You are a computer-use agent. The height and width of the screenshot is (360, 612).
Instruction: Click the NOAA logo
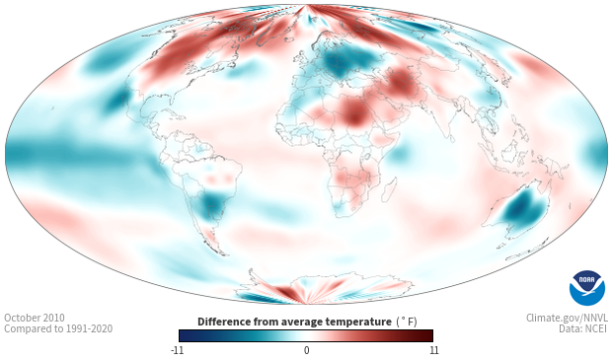(x=587, y=288)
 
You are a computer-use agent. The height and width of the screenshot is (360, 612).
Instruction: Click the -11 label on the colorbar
(x=177, y=350)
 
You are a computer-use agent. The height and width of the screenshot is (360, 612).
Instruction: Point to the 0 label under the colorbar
(x=306, y=350)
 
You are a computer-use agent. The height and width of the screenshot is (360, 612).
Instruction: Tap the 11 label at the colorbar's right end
(x=433, y=350)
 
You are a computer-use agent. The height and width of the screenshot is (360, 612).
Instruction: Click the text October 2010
(x=35, y=318)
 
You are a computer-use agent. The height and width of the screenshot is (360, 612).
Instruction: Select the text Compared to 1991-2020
(x=58, y=328)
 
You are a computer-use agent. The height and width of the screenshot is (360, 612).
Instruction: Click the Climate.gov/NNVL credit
(x=567, y=318)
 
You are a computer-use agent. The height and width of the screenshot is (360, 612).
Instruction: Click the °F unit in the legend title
(x=407, y=323)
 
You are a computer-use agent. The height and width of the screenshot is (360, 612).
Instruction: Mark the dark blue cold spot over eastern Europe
(x=341, y=61)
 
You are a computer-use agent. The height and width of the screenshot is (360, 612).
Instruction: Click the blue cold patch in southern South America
(x=210, y=206)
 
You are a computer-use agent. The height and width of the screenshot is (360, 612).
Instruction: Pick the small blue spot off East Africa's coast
(x=399, y=154)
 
